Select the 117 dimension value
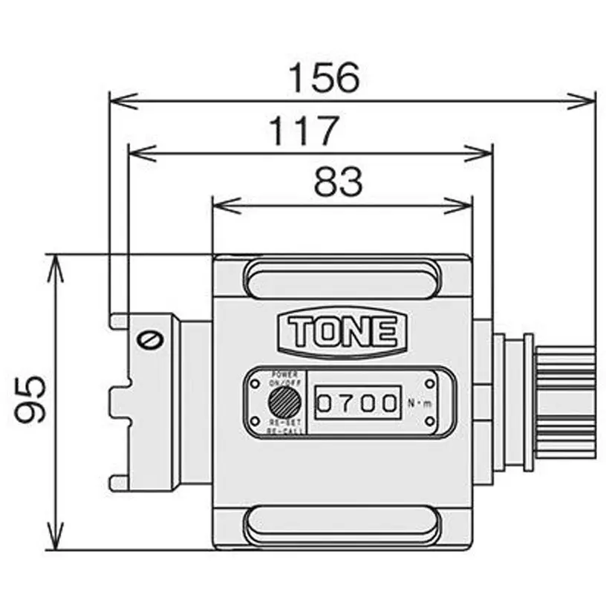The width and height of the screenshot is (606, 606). tap(302, 131)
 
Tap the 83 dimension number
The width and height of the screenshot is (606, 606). tap(338, 182)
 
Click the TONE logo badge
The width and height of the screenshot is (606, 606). tap(342, 331)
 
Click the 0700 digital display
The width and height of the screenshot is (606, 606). tap(356, 403)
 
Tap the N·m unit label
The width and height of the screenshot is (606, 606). tap(417, 403)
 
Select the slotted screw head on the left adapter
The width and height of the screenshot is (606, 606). tap(149, 340)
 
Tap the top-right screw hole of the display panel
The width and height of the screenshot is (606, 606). tap(430, 382)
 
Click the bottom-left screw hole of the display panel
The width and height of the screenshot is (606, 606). tap(255, 424)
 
